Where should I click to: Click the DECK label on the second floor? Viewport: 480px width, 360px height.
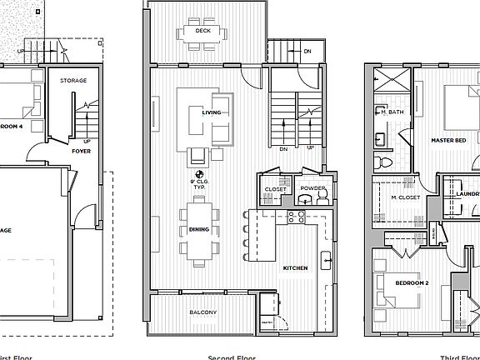coord(202,32)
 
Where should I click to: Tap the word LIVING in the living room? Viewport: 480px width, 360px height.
coord(212,112)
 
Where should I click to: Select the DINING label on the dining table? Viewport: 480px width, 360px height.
coord(198,229)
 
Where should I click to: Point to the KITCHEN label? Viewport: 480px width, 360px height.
coord(295,267)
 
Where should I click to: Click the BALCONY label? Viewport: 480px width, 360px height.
coord(202,312)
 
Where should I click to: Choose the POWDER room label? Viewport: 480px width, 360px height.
coord(313,189)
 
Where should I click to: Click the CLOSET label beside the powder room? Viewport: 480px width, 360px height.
coord(275,189)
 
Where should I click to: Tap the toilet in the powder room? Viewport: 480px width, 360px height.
coord(323,197)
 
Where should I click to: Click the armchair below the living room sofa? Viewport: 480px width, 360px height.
coord(198,155)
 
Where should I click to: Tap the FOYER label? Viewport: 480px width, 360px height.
coord(81,152)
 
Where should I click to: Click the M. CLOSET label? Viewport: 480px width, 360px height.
coord(404,197)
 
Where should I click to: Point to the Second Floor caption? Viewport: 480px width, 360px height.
coord(231,357)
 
